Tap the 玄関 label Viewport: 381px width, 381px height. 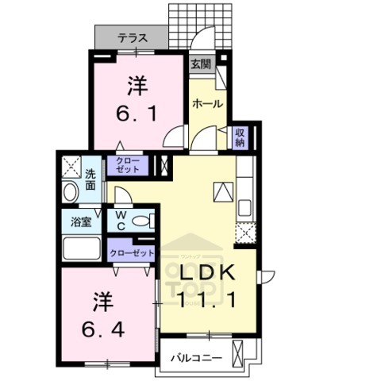[199, 64]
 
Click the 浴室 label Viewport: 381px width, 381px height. [80, 221]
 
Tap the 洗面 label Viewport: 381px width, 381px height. [91, 179]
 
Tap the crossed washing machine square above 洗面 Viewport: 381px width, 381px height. [71, 167]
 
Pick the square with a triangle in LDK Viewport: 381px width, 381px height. [223, 190]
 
